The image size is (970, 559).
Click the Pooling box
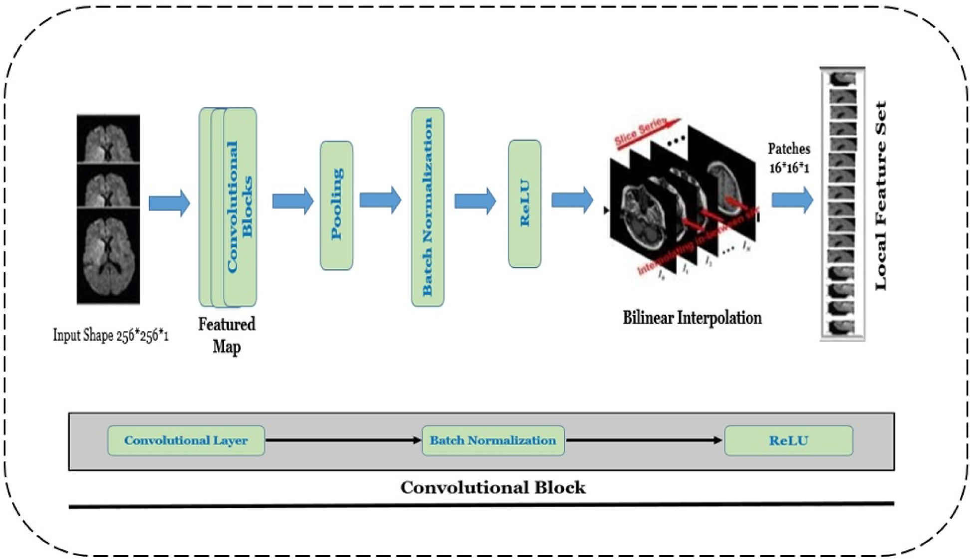pos(336,205)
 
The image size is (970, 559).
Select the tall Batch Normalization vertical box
pos(427,206)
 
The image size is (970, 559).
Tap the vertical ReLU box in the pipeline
pos(524,203)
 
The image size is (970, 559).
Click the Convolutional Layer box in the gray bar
pos(186,440)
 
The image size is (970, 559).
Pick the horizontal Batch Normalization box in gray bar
pos(493,440)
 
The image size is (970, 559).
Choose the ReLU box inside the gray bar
pos(788,440)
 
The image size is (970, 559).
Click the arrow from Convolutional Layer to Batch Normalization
pos(343,440)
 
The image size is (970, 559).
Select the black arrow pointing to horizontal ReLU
pos(644,440)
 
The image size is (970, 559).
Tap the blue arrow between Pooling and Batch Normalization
pos(380,200)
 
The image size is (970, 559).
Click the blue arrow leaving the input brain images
pos(169,203)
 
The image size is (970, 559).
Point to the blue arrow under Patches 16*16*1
pos(792,200)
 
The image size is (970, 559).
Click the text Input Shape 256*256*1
pos(111,336)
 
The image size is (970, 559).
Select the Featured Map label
pos(227,335)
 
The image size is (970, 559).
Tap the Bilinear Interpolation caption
pos(692,318)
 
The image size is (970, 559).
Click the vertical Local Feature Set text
pos(881,195)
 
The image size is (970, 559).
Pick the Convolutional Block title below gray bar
pos(493,487)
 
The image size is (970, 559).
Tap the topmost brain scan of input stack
pos(108,139)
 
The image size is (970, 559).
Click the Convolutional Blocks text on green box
pos(240,206)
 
